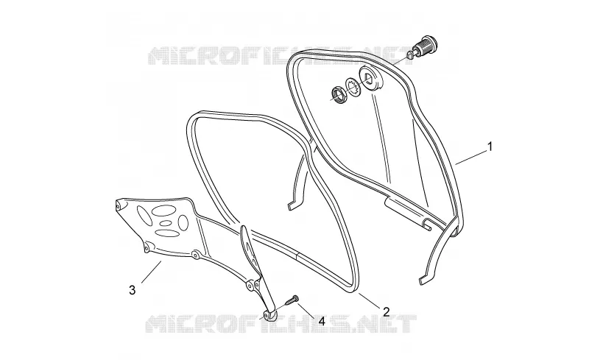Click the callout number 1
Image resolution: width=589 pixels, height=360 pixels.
(x=490, y=147)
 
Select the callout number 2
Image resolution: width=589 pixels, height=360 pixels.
(x=386, y=311)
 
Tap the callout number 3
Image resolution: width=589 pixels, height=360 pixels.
(x=133, y=290)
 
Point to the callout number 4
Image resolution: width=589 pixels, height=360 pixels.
(x=321, y=321)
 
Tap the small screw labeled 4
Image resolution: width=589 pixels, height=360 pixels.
(x=292, y=300)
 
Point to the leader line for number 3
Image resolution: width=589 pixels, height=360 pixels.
(x=152, y=272)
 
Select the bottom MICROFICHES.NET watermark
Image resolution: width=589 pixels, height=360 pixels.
(x=281, y=323)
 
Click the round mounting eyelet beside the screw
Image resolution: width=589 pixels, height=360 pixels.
(x=269, y=316)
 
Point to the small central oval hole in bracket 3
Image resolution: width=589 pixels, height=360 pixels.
(x=166, y=223)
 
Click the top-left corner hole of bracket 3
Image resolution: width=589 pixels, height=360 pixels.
(x=119, y=205)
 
